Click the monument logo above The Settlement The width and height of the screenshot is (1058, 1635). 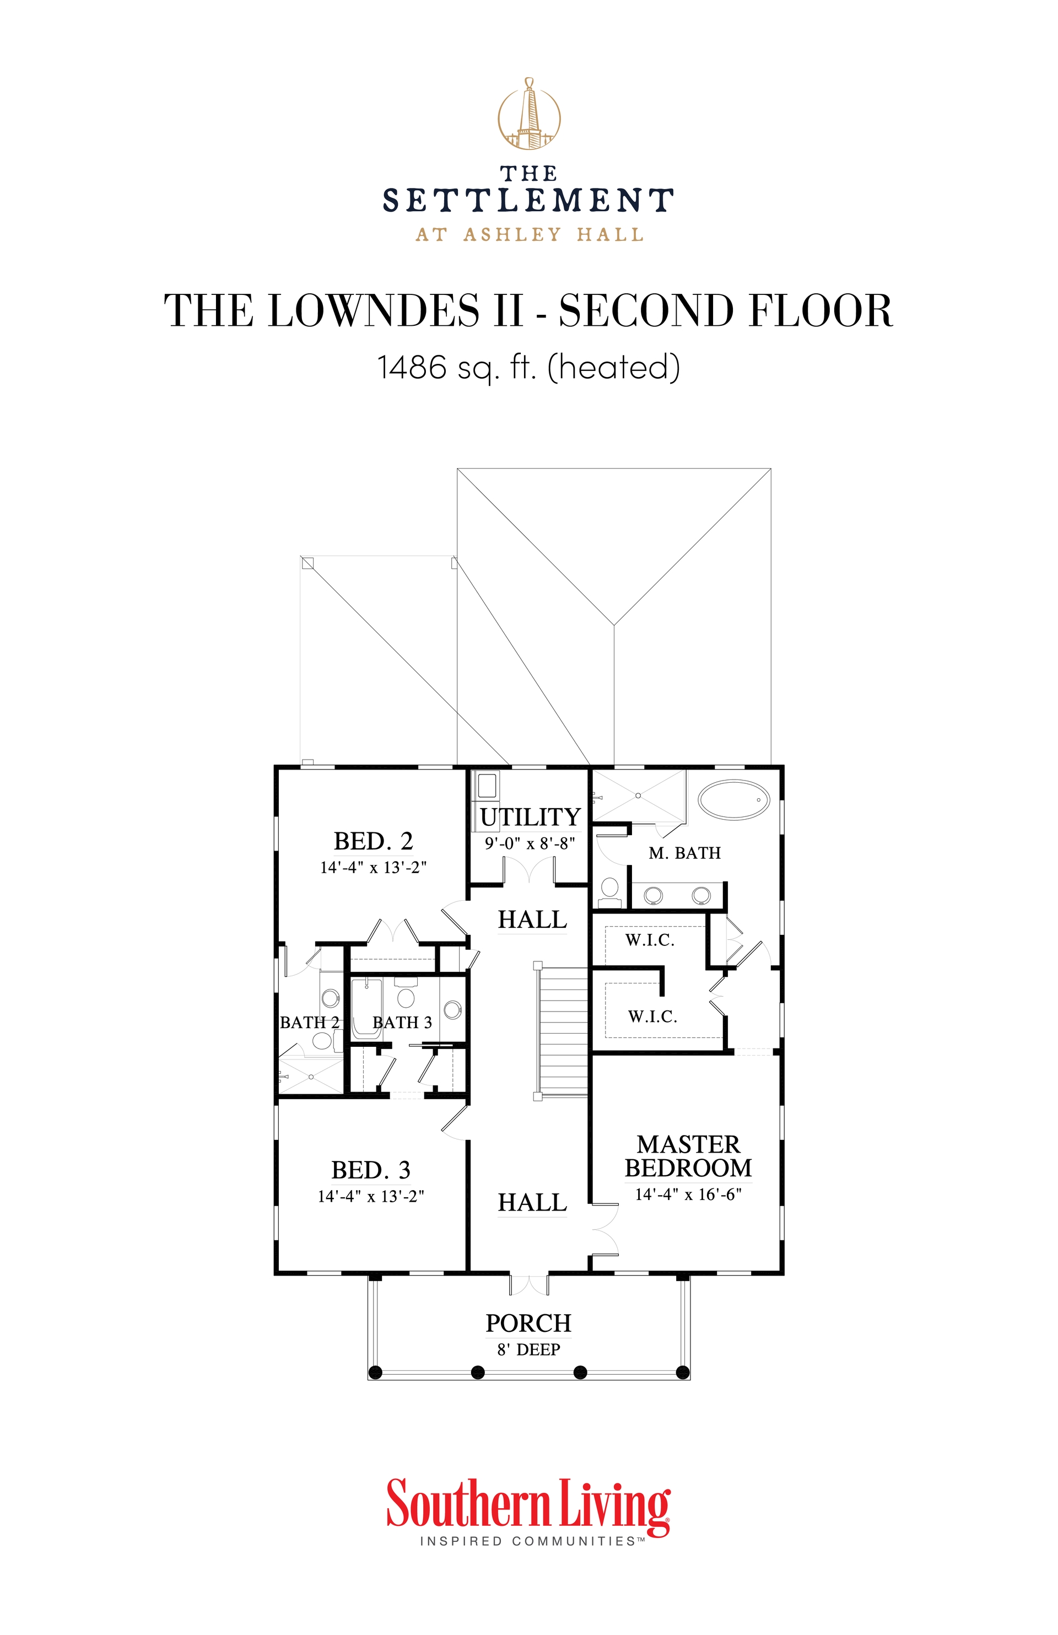tap(528, 114)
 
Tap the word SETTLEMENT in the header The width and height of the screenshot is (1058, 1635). tap(528, 201)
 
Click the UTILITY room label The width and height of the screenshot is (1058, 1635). tap(530, 817)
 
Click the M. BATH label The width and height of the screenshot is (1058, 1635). tap(684, 853)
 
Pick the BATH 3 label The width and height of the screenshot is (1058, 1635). tap(402, 1022)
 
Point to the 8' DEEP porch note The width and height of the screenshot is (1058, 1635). tap(528, 1349)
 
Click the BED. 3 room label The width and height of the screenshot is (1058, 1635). tap(371, 1169)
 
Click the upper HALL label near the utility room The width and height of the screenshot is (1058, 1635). tap(532, 919)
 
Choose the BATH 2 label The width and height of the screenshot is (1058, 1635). tap(310, 1022)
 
